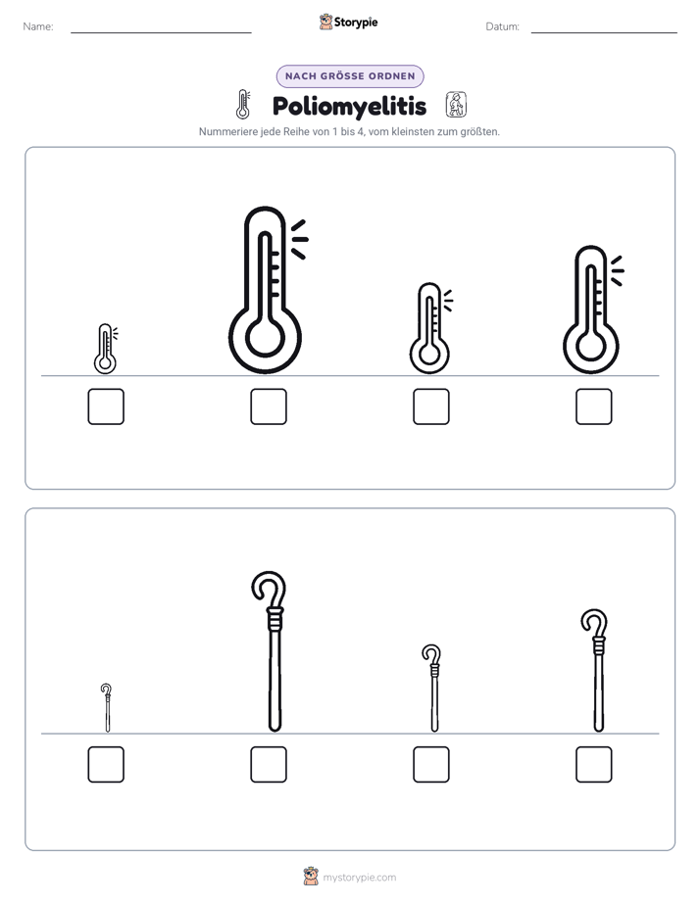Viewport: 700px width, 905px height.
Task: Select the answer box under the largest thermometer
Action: (269, 406)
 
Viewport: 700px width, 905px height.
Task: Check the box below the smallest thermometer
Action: (106, 406)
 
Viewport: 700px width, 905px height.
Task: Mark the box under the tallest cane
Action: (269, 764)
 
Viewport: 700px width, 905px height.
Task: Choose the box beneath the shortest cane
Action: (106, 764)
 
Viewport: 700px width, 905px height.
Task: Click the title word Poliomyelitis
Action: (349, 106)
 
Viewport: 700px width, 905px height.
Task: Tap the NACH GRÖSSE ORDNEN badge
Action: (350, 76)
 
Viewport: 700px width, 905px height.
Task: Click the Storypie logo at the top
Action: (348, 22)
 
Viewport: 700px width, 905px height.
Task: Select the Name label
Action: (38, 26)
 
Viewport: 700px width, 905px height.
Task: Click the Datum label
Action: (503, 26)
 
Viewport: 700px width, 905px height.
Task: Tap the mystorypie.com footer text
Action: (359, 878)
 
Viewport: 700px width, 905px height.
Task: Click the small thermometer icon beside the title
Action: (243, 105)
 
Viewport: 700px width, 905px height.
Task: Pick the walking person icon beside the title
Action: (456, 105)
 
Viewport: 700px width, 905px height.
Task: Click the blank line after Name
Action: (161, 32)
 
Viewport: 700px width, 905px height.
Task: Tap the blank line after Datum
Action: (604, 32)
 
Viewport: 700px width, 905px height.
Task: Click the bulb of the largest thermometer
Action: (265, 337)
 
